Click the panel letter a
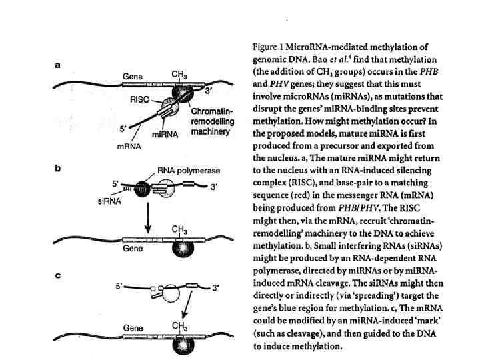57,65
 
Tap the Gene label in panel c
132,328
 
